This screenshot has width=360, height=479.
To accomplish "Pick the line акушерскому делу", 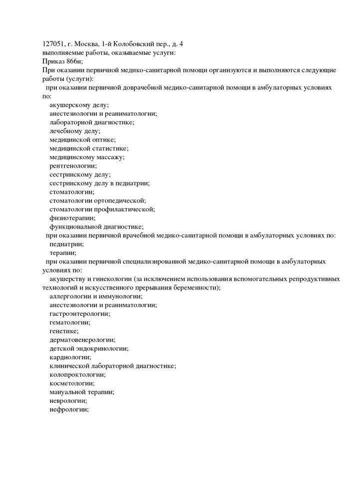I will tap(79, 105).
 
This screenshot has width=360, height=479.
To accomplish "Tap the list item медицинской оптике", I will tap(82, 140).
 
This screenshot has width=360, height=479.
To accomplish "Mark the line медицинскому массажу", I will tap(87, 157).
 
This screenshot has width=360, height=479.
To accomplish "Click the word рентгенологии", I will tap(73, 166).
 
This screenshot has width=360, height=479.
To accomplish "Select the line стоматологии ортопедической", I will tap(97, 200).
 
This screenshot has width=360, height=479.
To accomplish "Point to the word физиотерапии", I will tap(72, 218).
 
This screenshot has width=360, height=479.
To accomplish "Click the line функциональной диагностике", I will tap(96, 227).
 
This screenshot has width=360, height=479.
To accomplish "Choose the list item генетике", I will tap(64, 331).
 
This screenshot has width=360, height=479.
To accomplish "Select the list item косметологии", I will tap(72, 383).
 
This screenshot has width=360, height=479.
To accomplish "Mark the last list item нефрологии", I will tap(69, 409).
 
